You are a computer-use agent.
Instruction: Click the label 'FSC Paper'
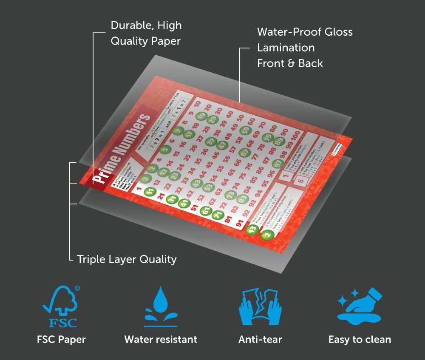[x=61, y=339]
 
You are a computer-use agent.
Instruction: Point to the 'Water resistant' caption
[x=161, y=339]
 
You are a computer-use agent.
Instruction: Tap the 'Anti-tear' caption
[x=260, y=339]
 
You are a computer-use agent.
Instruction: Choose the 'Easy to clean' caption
[x=360, y=339]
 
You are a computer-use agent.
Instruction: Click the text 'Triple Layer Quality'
[x=127, y=259]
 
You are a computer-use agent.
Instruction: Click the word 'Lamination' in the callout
[x=286, y=48]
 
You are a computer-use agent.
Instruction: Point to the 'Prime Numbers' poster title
[x=122, y=147]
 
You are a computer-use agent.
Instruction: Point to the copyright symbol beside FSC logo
[x=77, y=288]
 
